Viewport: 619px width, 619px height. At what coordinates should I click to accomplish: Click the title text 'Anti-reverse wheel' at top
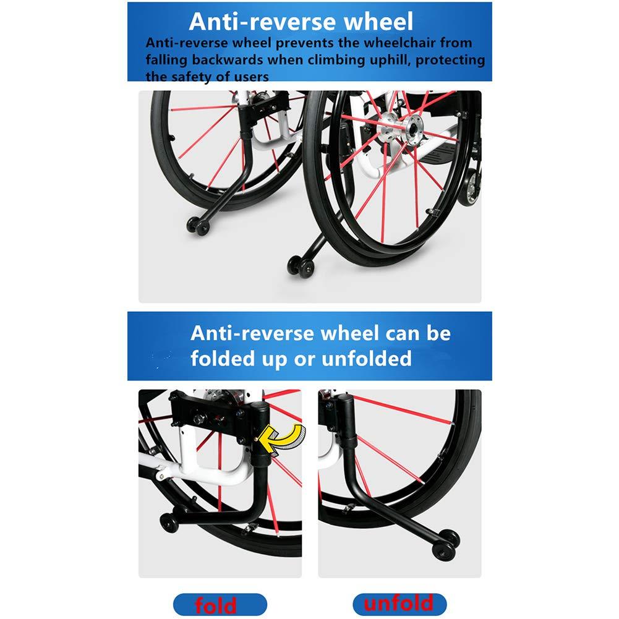(x=301, y=22)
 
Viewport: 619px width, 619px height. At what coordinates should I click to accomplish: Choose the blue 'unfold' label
(x=399, y=604)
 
